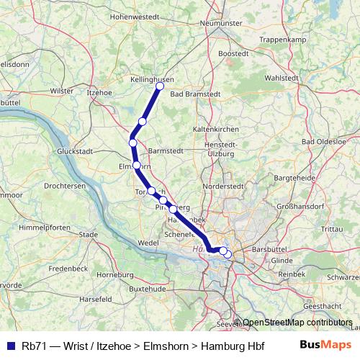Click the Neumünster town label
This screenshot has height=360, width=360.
click(x=221, y=23)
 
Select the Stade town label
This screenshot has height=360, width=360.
click(x=88, y=234)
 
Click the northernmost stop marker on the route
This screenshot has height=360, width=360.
click(x=160, y=86)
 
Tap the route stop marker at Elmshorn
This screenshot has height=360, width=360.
click(x=136, y=165)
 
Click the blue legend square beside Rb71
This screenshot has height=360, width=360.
click(x=10, y=345)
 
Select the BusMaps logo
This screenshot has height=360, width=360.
click(x=324, y=345)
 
